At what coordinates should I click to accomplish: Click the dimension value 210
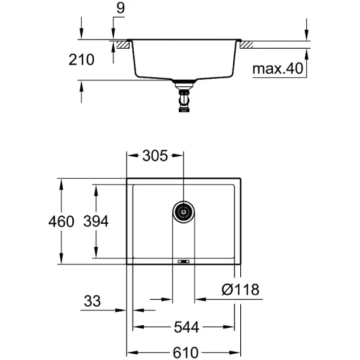pyautogui.click(x=82, y=60)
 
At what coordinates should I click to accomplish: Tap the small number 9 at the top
pyautogui.click(x=120, y=8)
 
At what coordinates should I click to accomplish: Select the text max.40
pyautogui.click(x=278, y=68)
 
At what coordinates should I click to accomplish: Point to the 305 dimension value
pyautogui.click(x=155, y=156)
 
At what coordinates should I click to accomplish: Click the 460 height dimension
pyautogui.click(x=61, y=222)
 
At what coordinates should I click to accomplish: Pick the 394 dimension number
pyautogui.click(x=96, y=221)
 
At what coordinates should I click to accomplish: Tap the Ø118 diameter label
pyautogui.click(x=241, y=289)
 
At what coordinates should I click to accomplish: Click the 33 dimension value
pyautogui.click(x=93, y=301)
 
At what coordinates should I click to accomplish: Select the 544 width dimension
pyautogui.click(x=186, y=327)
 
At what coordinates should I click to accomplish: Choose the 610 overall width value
pyautogui.click(x=186, y=352)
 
